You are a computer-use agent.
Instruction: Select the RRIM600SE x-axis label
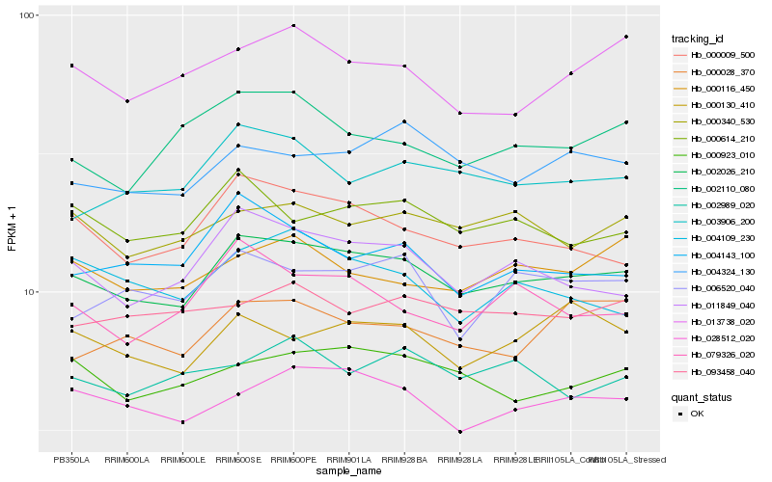click(237, 460)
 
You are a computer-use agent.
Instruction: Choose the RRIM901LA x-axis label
click(348, 460)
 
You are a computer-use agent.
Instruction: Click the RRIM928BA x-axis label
click(404, 460)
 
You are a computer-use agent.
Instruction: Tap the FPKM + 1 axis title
click(12, 231)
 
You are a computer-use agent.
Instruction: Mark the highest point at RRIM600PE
click(293, 26)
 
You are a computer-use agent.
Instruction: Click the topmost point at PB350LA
click(71, 66)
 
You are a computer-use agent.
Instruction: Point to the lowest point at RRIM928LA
click(460, 432)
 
